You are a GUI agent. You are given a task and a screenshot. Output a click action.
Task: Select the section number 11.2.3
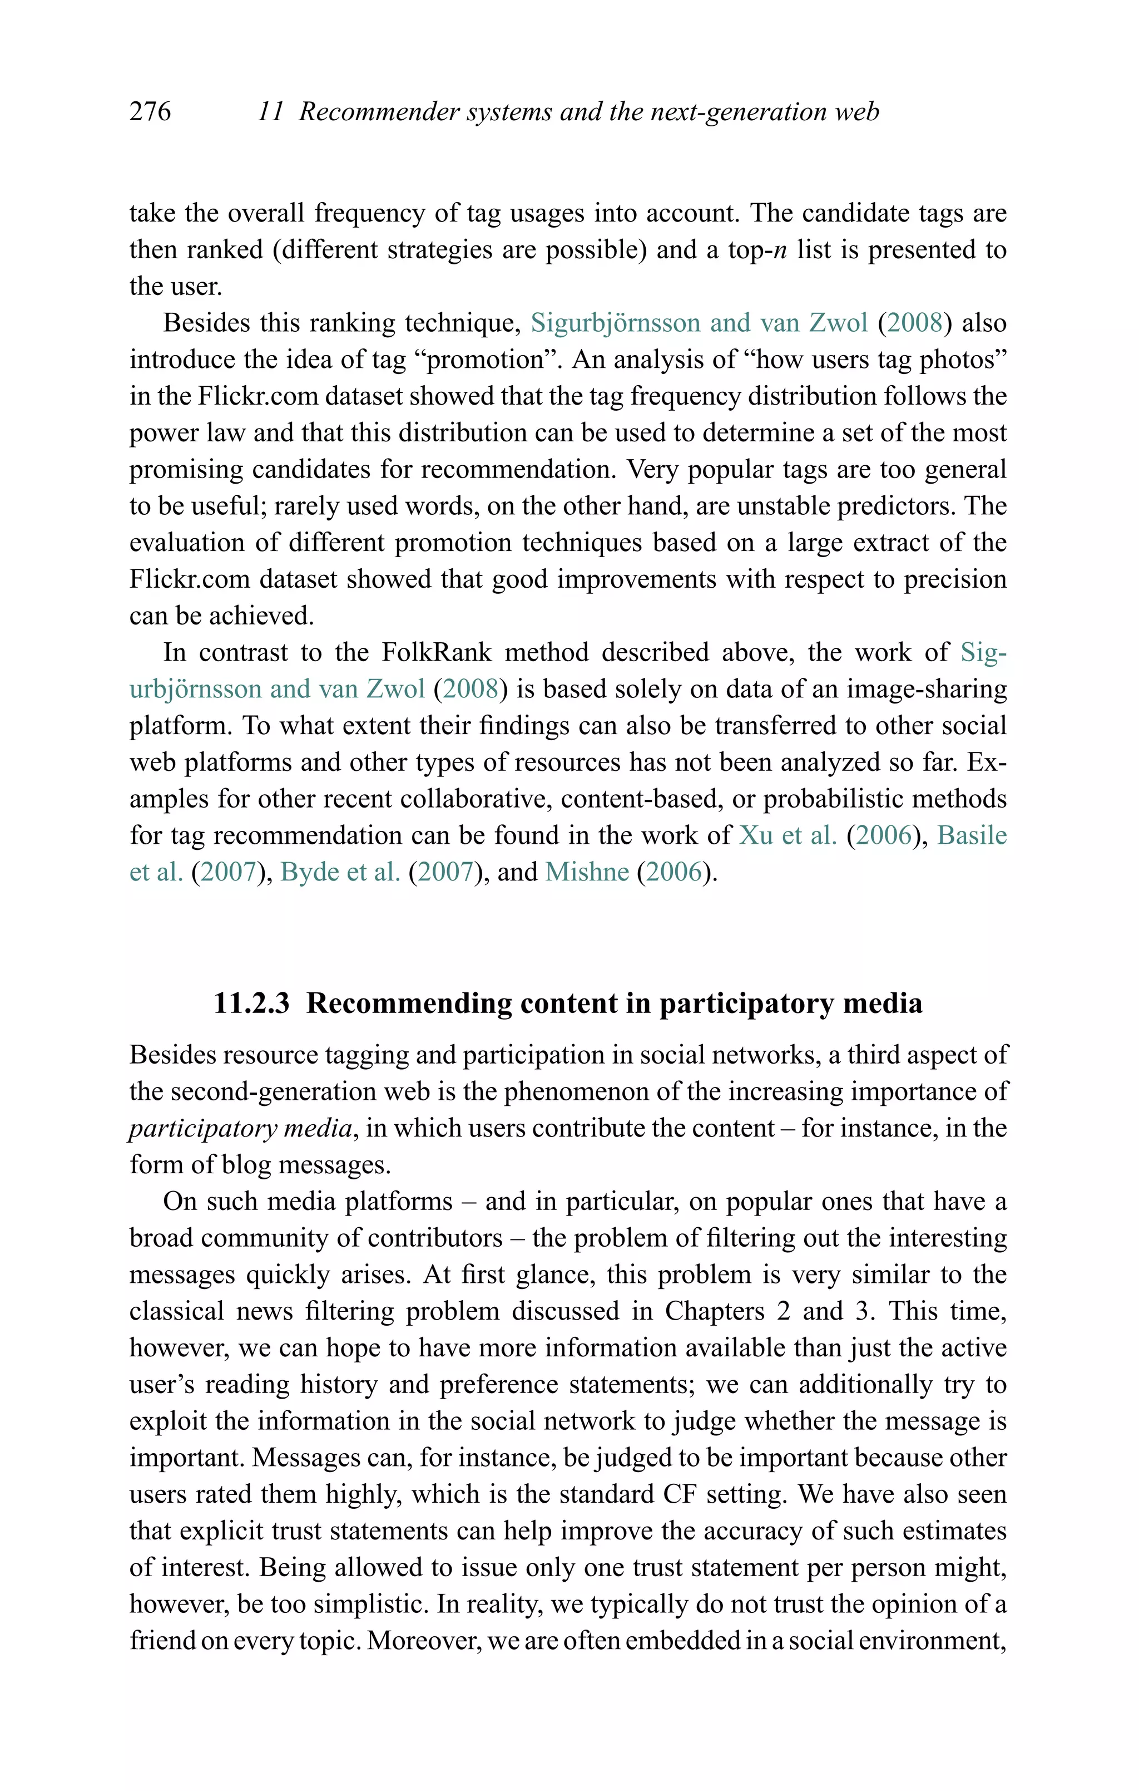251,1003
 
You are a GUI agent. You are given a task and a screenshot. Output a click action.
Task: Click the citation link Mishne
587,872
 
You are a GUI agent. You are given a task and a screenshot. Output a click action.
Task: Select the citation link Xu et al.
788,835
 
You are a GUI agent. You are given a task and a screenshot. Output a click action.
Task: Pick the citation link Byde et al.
340,872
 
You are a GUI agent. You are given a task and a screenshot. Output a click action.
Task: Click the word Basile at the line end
972,835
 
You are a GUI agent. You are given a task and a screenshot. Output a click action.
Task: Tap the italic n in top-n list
780,250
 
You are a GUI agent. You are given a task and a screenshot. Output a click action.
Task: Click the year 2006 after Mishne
674,872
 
